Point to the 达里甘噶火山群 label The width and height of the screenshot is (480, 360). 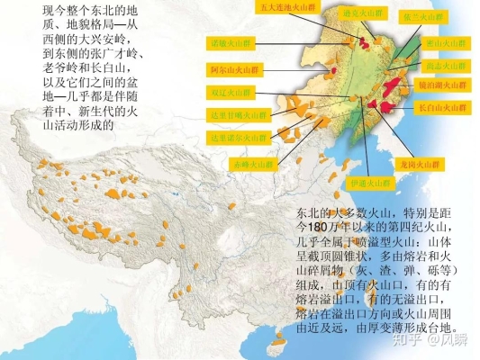pos(236,114)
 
